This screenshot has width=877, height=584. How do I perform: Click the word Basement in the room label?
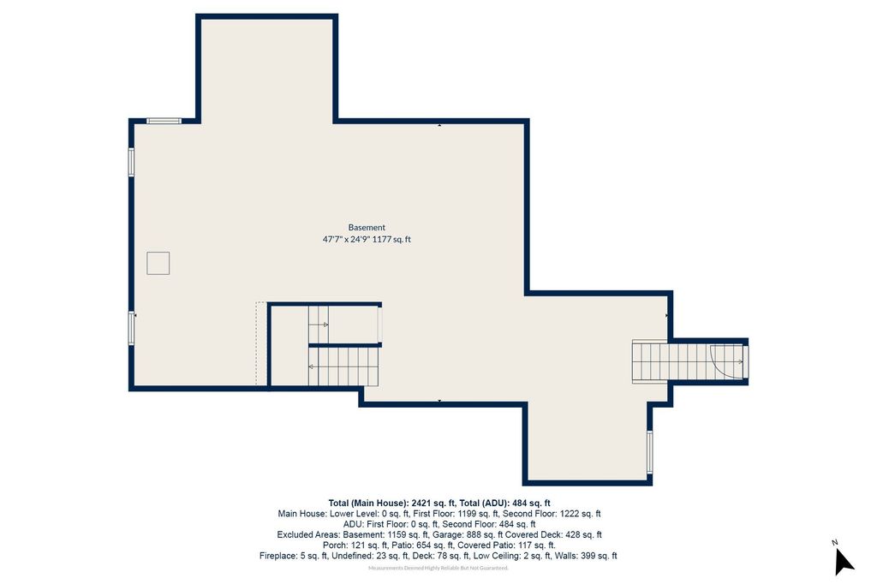[x=367, y=228]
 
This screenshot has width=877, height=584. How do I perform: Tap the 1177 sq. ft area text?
[x=391, y=240]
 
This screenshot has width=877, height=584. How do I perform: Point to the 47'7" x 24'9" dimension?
[x=346, y=240]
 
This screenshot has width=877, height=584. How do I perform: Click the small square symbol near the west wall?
[x=158, y=264]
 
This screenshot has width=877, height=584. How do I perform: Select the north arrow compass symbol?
[x=844, y=561]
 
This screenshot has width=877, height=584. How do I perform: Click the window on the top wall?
[x=164, y=121]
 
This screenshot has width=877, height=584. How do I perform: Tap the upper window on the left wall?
[x=131, y=162]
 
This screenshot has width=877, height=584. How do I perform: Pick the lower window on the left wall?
[x=131, y=328]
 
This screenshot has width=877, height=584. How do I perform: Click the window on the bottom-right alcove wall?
[x=650, y=452]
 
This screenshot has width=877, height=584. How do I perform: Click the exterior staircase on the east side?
[x=689, y=362]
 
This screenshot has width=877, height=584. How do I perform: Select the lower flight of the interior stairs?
[x=343, y=367]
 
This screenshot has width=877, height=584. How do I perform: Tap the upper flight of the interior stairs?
[x=319, y=325]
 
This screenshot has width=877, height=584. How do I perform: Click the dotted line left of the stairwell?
[x=257, y=343]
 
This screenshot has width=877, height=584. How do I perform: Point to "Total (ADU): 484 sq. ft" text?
[x=504, y=503]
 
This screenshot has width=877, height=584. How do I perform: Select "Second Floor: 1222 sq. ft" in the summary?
[x=552, y=514]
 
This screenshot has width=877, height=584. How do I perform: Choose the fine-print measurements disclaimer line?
[x=438, y=569]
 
